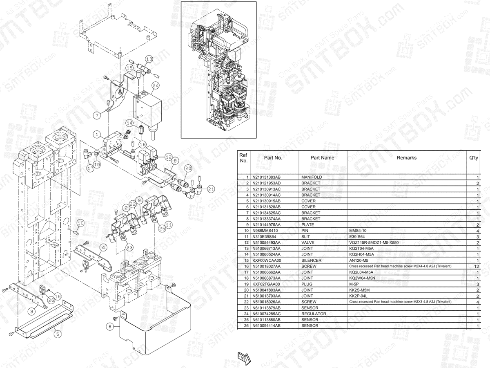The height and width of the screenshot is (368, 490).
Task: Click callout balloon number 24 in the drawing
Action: click(155, 85)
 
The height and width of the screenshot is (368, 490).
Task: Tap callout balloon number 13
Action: click(149, 59)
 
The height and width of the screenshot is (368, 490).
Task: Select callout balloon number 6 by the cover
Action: click(110, 326)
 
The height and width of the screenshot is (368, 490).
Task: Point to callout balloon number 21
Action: click(211, 189)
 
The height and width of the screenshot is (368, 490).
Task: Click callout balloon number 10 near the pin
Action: click(80, 223)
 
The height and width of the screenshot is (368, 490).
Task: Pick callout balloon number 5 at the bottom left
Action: click(58, 334)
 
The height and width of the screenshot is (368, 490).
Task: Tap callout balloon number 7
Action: click(96, 115)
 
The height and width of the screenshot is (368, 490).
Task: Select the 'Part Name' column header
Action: click(322, 157)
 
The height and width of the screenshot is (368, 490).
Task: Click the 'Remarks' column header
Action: click(406, 157)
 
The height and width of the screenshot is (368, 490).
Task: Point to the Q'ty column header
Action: click(473, 158)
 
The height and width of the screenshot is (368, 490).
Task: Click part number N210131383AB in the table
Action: click(266, 177)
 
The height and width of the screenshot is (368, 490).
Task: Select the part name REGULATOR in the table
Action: click(314, 314)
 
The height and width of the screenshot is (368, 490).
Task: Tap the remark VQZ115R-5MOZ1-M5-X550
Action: click(374, 242)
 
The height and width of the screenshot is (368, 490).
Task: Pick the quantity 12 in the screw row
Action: click(476, 266)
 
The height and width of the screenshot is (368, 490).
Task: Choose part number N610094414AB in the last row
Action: click(266, 325)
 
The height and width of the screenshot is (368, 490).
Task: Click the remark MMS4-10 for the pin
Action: click(358, 231)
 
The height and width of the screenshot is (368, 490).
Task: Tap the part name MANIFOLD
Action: click(312, 177)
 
